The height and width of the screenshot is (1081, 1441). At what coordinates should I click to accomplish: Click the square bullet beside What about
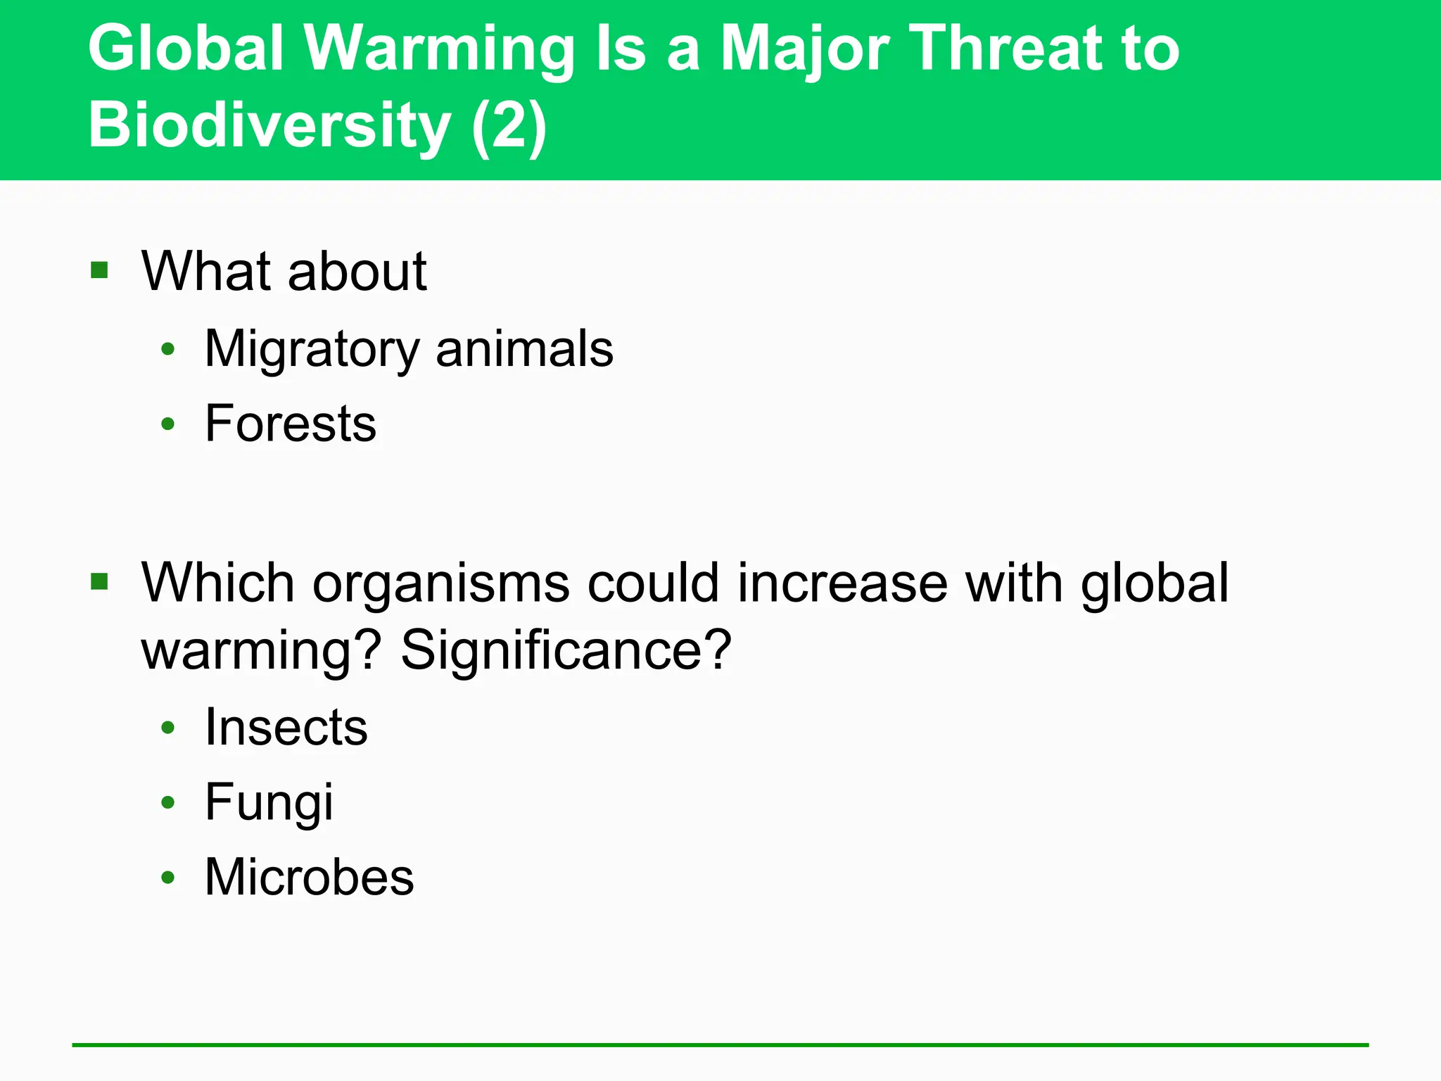tap(99, 270)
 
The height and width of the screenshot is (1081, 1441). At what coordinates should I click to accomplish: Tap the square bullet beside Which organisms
tap(99, 581)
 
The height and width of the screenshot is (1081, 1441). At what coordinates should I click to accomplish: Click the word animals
tap(524, 349)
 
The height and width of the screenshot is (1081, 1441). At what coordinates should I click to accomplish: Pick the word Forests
tap(291, 424)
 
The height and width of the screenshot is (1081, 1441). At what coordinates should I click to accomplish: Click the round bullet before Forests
tap(167, 424)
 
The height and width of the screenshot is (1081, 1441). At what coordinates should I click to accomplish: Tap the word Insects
tap(286, 727)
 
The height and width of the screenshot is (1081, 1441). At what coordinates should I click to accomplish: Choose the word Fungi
tap(269, 802)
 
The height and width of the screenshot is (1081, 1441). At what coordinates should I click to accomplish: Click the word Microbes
tap(310, 877)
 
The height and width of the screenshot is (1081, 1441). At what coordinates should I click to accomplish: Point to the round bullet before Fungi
tap(167, 802)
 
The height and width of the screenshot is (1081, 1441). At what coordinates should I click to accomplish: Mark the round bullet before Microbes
tap(167, 877)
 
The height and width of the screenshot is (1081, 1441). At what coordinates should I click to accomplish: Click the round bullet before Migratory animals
tap(167, 349)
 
